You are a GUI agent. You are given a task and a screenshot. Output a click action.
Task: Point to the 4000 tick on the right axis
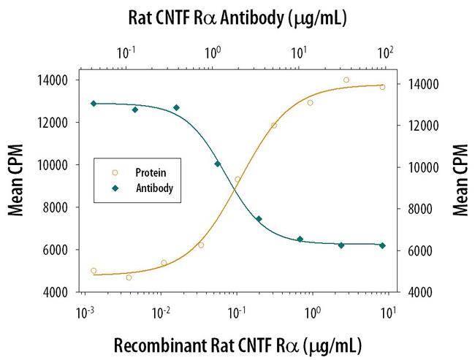pos(420,292)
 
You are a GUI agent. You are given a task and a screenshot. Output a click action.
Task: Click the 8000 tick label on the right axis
pos(420,209)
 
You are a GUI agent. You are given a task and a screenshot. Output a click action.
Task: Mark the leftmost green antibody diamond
pos(94,104)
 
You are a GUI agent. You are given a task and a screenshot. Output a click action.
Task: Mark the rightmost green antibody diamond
pos(382,245)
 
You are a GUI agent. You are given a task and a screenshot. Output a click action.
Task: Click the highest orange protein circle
pos(346,80)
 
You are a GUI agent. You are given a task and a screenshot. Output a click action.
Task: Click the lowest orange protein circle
pos(129,277)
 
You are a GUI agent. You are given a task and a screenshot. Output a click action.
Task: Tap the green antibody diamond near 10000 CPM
pos(218,164)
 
